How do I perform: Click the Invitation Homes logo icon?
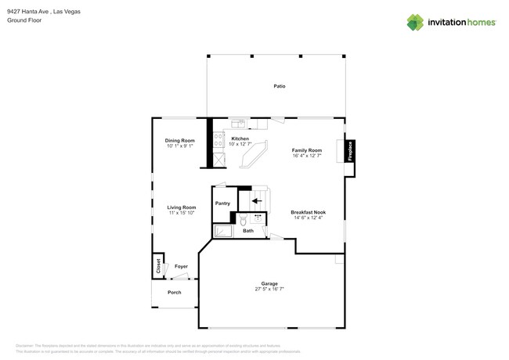pos(415,22)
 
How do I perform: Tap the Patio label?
pos(279,86)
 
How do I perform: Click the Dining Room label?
pos(179,141)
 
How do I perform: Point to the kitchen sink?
pos(238,123)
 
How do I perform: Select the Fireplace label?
pos(351,150)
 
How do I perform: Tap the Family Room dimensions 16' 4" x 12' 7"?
pos(307,156)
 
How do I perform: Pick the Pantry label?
pos(223,203)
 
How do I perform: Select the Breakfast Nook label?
pos(308,213)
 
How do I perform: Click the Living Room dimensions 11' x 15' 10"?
pos(181,213)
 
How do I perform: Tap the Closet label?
pos(158,266)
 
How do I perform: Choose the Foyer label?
pos(181,267)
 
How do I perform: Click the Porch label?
pos(174,293)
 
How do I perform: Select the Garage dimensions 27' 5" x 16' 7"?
pos(269,289)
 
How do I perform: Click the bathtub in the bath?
pos(223,231)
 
